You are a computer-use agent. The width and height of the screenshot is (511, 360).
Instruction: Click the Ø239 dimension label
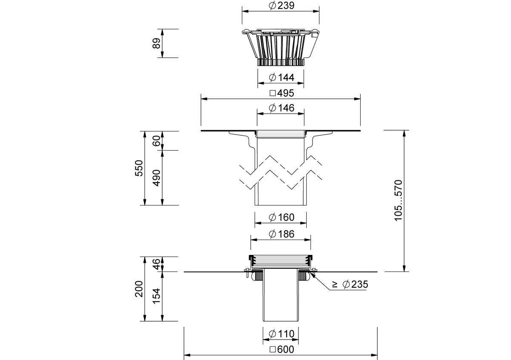[x=281, y=6]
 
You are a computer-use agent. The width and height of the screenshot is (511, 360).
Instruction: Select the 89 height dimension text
[x=157, y=43]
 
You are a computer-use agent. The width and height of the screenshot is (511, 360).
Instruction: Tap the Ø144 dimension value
[x=281, y=77]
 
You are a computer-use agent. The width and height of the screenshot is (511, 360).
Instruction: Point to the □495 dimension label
[x=282, y=93]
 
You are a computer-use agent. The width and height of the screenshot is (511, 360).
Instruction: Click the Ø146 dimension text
[x=281, y=108]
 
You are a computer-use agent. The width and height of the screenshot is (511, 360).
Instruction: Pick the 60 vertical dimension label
[x=157, y=141]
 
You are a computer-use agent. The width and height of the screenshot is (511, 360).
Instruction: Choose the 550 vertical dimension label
[x=139, y=168]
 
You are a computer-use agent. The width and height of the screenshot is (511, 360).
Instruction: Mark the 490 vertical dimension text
[x=157, y=178]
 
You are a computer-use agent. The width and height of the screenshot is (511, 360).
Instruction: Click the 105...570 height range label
[x=398, y=200]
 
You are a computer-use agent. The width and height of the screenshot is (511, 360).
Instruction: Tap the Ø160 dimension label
[x=281, y=217]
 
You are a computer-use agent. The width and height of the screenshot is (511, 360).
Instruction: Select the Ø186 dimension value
[x=281, y=234]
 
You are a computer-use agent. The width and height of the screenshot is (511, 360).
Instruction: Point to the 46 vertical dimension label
[x=157, y=264]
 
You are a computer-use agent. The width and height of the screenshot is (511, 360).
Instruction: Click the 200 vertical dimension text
[x=139, y=289]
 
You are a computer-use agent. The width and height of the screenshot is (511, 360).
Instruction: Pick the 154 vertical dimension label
[x=157, y=296]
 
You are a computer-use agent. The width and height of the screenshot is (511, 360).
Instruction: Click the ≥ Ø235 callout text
[x=350, y=284]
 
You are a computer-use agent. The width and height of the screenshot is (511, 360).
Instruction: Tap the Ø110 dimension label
[x=281, y=334]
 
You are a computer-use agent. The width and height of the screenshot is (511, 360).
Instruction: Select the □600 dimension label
[x=282, y=349]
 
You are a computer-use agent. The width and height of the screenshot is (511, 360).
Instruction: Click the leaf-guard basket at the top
[x=281, y=47]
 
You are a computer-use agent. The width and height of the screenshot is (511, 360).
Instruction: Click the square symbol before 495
[x=273, y=94]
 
